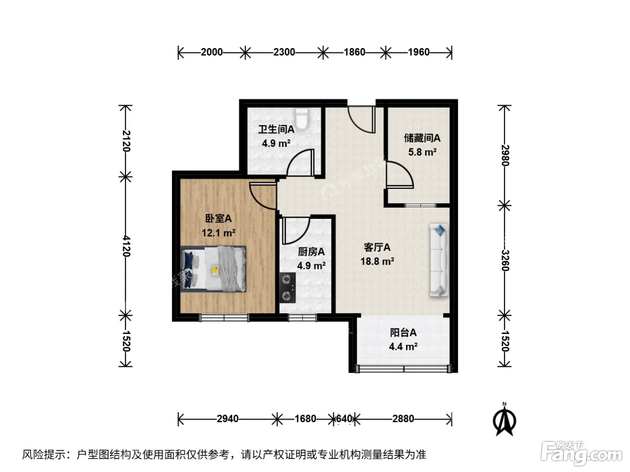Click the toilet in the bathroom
(301, 119)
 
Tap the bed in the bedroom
(213, 269)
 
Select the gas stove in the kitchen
(287, 287)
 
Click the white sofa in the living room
(439, 260)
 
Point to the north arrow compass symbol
(504, 420)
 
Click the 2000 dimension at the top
(211, 52)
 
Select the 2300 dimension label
(284, 52)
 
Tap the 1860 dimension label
(355, 52)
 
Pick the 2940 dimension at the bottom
(228, 419)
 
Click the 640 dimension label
(344, 419)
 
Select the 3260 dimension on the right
(505, 261)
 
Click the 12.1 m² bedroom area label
(218, 233)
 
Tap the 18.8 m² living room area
(377, 261)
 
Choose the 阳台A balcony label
(403, 333)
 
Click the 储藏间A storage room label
(422, 138)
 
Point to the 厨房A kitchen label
(311, 252)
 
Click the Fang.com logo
(581, 454)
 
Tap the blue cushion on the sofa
(439, 230)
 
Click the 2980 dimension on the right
(505, 156)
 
